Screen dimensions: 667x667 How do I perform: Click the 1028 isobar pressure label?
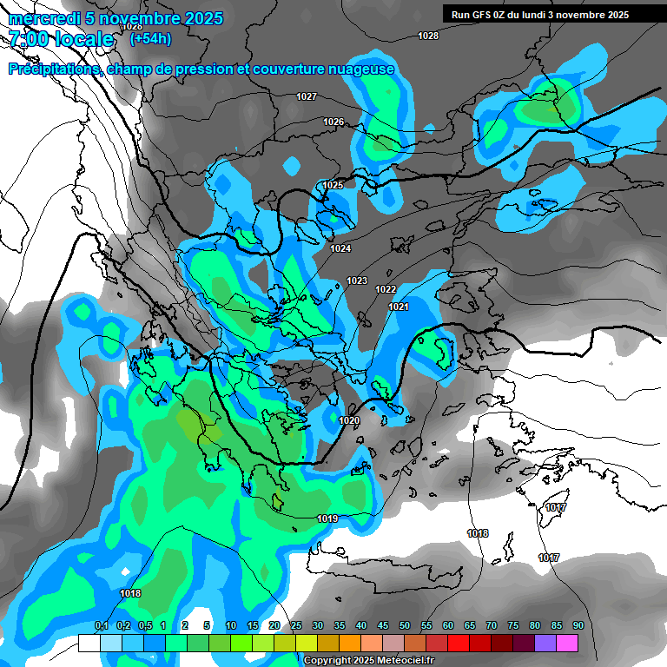(428, 36)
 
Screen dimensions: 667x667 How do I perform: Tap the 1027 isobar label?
(307, 96)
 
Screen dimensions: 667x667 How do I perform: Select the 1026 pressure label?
(333, 122)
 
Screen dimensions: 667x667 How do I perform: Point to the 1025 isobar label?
(333, 185)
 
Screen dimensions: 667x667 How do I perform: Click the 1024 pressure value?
(340, 249)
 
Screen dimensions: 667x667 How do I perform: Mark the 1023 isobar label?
(357, 281)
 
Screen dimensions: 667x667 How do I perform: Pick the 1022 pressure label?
(386, 289)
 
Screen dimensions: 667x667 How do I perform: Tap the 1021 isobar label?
(399, 307)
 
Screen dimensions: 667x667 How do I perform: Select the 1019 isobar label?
(327, 518)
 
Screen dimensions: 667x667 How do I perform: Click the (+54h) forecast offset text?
(150, 39)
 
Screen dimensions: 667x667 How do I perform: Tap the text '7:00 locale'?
(61, 39)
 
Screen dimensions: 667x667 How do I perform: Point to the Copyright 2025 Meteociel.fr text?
(369, 660)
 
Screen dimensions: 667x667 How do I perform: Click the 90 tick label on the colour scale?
(578, 625)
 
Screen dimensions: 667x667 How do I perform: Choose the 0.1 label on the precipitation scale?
(101, 625)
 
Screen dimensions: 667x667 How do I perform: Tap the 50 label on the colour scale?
(405, 625)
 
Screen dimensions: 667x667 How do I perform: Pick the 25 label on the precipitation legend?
(296, 625)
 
